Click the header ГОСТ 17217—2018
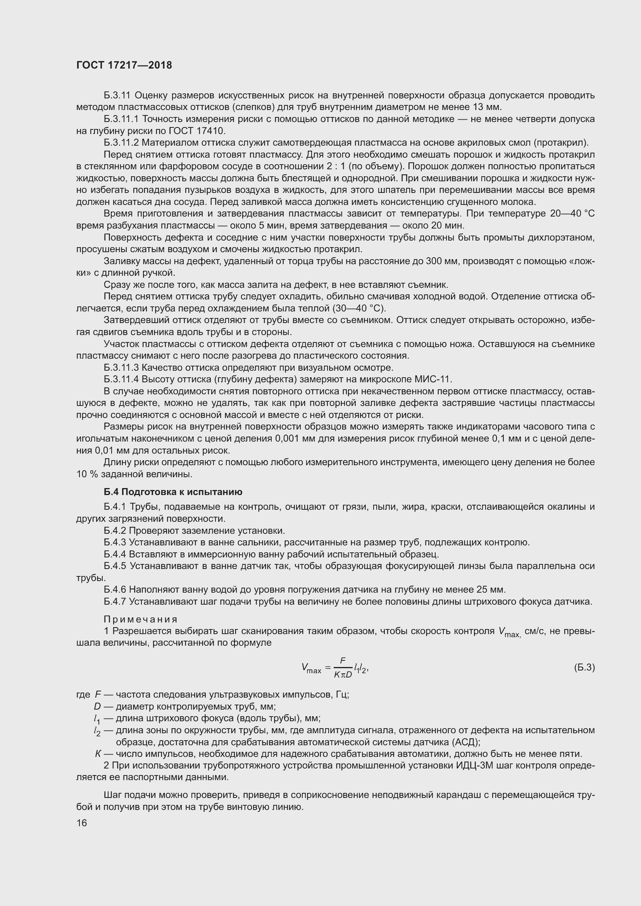(124, 65)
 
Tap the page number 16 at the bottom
(82, 823)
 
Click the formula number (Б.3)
(584, 667)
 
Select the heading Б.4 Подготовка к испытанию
(173, 492)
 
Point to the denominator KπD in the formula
(343, 674)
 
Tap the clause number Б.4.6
(115, 590)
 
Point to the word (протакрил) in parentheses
(560, 143)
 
